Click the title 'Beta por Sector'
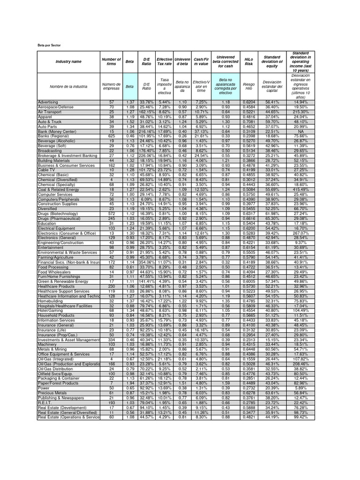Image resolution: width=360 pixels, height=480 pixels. pos(49,45)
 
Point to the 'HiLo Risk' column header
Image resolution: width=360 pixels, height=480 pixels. pos(248,62)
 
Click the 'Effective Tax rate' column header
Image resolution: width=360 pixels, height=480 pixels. pos(164,62)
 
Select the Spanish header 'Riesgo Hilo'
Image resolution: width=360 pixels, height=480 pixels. pos(248,87)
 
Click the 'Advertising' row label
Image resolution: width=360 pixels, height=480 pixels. pos(48,102)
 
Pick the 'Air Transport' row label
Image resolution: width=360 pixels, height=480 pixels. pos(50,112)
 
